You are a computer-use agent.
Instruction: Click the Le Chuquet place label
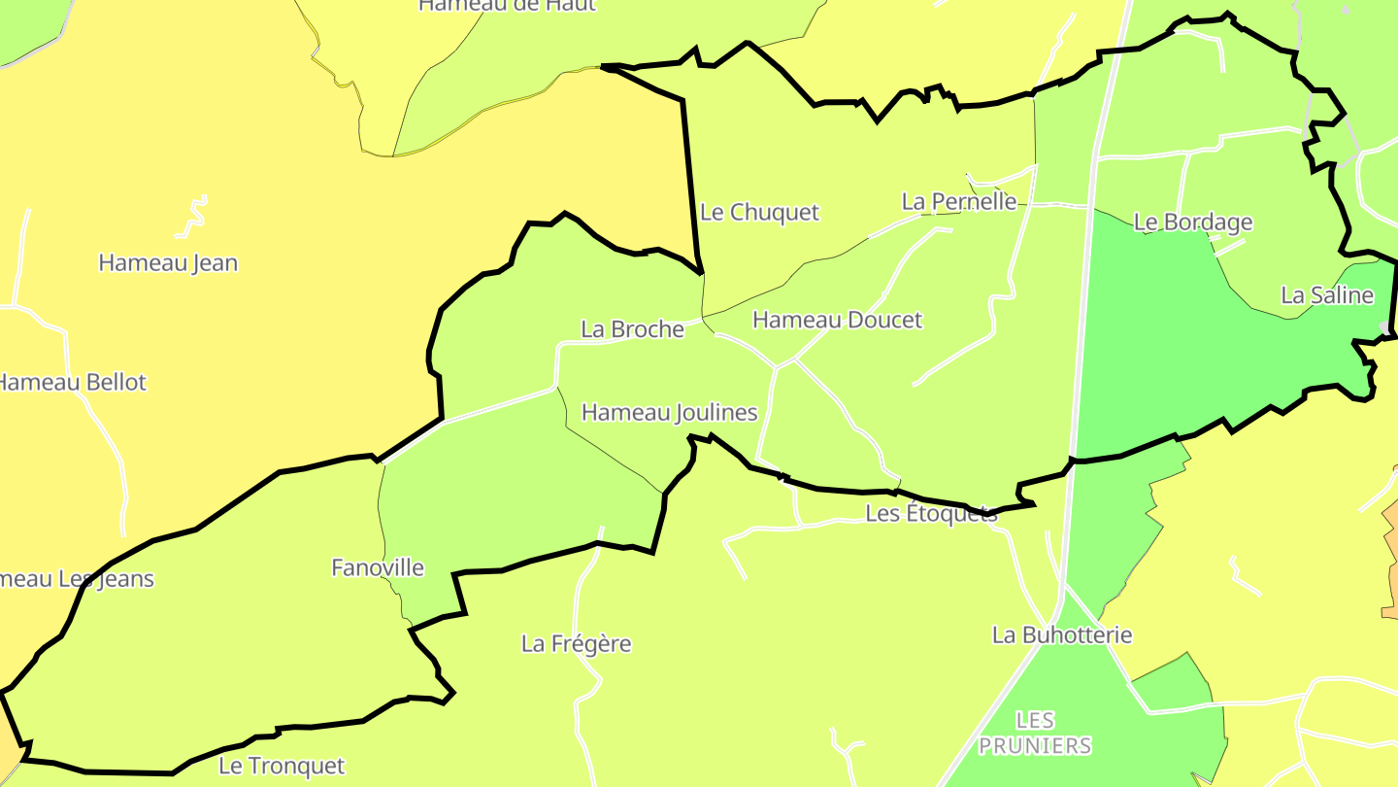(759, 212)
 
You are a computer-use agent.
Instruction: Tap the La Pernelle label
(959, 201)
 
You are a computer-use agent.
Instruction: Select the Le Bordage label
(1193, 222)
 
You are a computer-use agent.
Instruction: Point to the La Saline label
(1327, 295)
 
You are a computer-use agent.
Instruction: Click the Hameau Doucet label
(837, 320)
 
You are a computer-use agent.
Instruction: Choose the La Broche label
(632, 329)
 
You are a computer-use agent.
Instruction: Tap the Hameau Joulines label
(669, 412)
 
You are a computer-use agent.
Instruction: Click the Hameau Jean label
(168, 262)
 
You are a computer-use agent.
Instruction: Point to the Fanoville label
(378, 567)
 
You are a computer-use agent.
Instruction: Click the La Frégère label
(576, 643)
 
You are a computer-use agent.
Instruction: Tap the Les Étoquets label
(931, 513)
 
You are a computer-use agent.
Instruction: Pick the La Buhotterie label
(1062, 634)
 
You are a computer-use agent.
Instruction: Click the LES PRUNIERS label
(1035, 733)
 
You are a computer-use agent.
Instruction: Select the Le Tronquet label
(281, 766)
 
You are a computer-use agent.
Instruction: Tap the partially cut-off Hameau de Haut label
(507, 6)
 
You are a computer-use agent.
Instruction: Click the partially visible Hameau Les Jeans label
(78, 579)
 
